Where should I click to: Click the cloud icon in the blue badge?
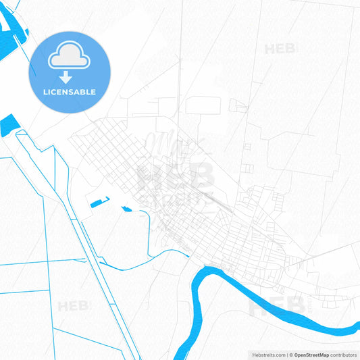(x=70, y=57)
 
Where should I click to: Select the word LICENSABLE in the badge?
(x=70, y=92)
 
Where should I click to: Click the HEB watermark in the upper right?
(x=281, y=49)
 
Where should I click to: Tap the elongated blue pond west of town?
(x=99, y=201)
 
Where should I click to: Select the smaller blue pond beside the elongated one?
(x=126, y=208)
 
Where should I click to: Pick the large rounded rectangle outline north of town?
(x=203, y=105)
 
